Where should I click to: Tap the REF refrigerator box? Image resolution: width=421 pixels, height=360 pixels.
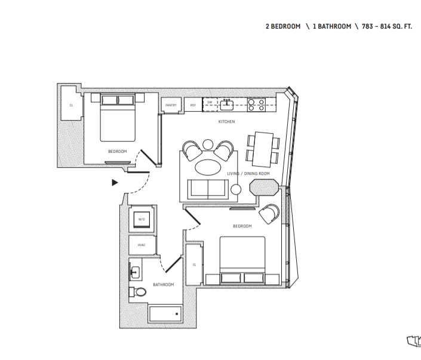tap(193, 105)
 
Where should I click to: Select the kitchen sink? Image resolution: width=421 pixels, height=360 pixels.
tap(227, 105)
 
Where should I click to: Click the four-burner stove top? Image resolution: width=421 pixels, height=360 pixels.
tap(257, 105)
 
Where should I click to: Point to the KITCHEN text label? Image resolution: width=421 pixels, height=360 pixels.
tap(226, 122)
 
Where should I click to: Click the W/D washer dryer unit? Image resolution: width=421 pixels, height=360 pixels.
tap(142, 220)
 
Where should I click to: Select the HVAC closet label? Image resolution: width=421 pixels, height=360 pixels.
tap(142, 245)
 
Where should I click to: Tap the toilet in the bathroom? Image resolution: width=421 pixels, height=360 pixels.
tap(139, 292)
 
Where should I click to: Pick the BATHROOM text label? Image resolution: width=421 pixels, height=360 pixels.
tap(163, 285)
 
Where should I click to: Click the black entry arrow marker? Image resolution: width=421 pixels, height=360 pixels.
tap(115, 183)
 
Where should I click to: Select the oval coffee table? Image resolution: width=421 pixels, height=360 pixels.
tap(208, 166)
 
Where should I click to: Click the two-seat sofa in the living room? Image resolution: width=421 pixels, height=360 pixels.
tap(207, 189)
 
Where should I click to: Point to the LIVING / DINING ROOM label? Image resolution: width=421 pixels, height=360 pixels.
tap(248, 174)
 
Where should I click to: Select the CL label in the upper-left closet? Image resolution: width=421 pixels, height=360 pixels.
tap(71, 106)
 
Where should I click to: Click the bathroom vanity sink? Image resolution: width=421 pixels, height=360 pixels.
tap(135, 272)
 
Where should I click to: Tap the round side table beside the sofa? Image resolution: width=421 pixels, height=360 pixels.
tap(236, 189)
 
